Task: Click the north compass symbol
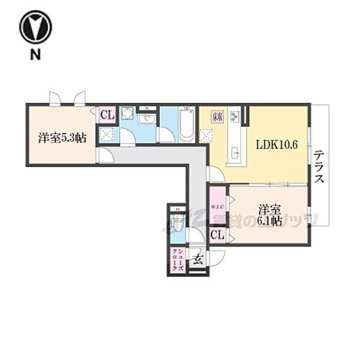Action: coord(34,27)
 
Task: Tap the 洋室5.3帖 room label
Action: coord(62,137)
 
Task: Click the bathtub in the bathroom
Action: coord(186,125)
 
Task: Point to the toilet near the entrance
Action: coord(177,224)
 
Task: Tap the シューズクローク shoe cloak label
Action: coord(177,258)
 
